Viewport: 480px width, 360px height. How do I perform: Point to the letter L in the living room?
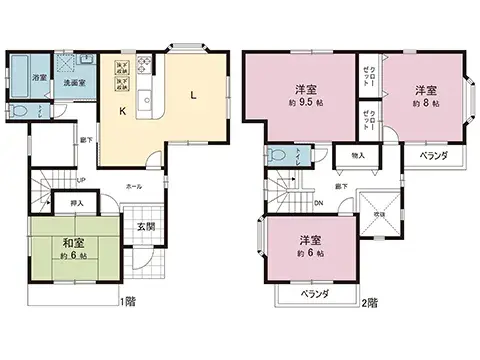pos(193,98)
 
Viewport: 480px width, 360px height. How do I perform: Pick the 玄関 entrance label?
pos(145,227)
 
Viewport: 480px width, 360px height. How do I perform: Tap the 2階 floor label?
pos(369,301)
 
